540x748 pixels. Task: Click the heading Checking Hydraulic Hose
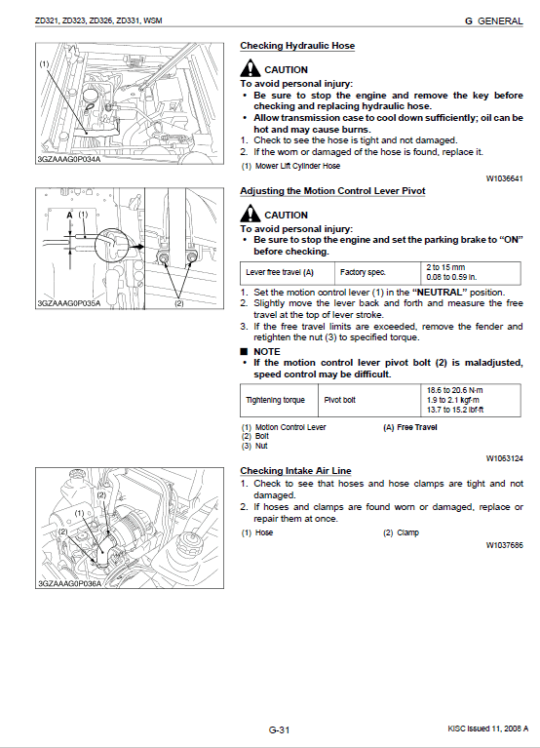pos(297,46)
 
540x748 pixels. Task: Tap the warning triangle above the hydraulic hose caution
pos(251,68)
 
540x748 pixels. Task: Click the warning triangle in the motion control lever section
pos(251,214)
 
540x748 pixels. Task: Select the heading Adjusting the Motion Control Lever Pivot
pos(332,191)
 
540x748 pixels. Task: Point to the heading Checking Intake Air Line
pos(295,471)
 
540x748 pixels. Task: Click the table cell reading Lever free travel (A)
pos(280,272)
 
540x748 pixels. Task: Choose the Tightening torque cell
pos(275,400)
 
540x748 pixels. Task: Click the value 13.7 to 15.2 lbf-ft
pos(455,410)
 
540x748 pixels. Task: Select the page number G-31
pos(280,729)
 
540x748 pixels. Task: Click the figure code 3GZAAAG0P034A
pos(69,159)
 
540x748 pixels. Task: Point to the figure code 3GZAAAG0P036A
pos(70,583)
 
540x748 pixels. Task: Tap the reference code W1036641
pos(504,178)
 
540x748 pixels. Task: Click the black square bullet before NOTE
pos(244,352)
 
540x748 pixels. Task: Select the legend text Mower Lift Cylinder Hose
pos(298,166)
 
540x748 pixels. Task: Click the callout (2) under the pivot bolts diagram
pos(179,303)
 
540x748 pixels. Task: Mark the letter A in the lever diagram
pos(69,216)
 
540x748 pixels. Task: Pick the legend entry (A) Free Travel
pos(410,427)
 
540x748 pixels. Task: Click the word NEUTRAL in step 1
pos(439,293)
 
